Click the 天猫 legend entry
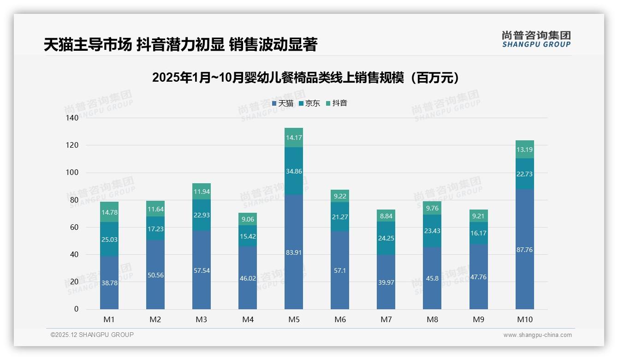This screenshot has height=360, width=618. tap(283, 103)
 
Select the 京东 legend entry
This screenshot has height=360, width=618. tap(309, 103)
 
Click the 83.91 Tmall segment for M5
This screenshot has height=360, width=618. tap(294, 252)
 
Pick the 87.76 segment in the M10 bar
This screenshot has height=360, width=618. tap(525, 249)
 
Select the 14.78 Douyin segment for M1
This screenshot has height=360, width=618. tap(109, 212)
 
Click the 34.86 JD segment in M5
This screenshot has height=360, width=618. tap(294, 171)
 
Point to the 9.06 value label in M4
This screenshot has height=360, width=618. tap(248, 219)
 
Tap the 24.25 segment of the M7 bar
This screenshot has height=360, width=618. tap(386, 238)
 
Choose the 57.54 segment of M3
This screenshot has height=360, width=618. tap(202, 270)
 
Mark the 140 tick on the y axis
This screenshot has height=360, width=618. tap(72, 118)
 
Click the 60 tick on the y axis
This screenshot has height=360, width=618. tap(74, 227)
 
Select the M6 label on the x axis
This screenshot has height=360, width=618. tap(340, 319)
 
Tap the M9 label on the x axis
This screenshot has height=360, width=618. tap(478, 319)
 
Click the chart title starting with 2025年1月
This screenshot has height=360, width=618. tap(308, 78)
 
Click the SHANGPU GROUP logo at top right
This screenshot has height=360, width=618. tap(536, 39)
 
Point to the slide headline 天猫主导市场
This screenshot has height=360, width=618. tap(180, 45)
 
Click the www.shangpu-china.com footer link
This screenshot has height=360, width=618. tap(537, 335)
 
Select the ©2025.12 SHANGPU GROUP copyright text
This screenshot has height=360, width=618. tap(92, 335)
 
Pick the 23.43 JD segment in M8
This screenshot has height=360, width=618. tap(432, 231)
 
